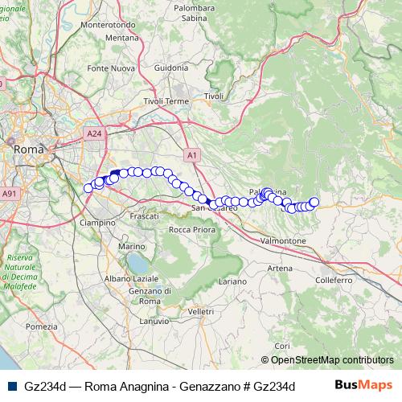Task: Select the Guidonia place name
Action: click(x=170, y=68)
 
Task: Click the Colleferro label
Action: click(x=334, y=281)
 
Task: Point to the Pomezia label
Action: click(x=42, y=326)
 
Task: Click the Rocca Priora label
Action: click(x=191, y=230)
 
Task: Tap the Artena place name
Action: click(x=281, y=268)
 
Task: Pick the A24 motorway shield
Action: click(x=94, y=133)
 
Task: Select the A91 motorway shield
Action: click(x=9, y=194)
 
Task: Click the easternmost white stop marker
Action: click(x=314, y=203)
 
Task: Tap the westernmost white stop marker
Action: click(x=88, y=188)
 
